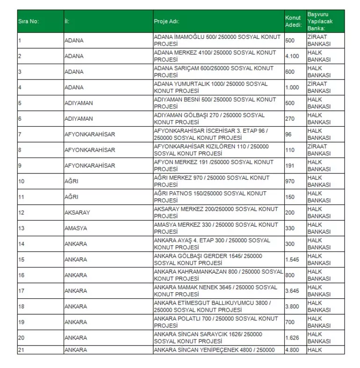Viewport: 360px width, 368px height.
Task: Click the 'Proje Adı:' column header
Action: point(167,22)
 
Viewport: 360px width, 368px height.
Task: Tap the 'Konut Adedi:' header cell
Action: point(293,22)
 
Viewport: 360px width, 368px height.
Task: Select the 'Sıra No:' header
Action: point(28,22)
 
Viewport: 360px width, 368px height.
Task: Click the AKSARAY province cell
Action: point(77,212)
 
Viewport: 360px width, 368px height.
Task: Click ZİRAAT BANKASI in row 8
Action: point(318,150)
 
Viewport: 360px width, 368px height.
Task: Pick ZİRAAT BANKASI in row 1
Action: point(318,40)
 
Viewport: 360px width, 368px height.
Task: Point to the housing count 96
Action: point(288,134)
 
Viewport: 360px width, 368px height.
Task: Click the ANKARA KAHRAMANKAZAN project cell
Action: point(218,275)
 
